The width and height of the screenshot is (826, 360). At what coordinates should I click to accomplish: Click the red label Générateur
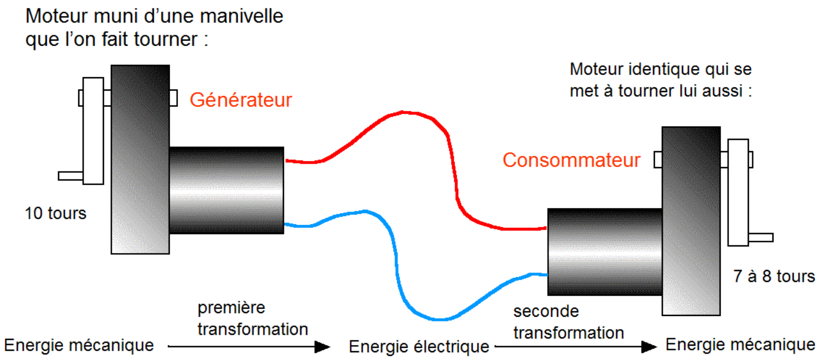(241, 100)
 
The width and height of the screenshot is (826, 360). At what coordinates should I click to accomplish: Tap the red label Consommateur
(571, 160)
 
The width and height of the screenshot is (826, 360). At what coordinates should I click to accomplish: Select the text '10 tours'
(56, 213)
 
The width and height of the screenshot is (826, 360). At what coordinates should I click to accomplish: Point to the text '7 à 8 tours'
(774, 276)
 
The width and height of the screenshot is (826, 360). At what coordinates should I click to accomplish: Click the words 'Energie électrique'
(419, 347)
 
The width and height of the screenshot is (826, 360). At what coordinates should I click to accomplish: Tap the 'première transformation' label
(253, 318)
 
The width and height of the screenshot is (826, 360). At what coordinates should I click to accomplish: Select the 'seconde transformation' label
(568, 322)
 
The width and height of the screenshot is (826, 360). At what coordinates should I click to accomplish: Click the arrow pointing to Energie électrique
(249, 347)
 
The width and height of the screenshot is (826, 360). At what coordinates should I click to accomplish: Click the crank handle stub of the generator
(70, 176)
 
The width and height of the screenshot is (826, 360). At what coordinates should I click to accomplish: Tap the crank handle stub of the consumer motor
(761, 238)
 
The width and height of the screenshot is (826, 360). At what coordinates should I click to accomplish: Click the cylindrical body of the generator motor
(226, 190)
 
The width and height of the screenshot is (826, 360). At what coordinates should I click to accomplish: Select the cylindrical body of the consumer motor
(604, 252)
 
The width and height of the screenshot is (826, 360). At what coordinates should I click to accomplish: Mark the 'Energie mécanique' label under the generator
(79, 345)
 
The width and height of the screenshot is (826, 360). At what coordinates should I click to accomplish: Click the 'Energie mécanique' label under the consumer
(740, 345)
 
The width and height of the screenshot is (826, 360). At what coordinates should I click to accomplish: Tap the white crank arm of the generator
(93, 131)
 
